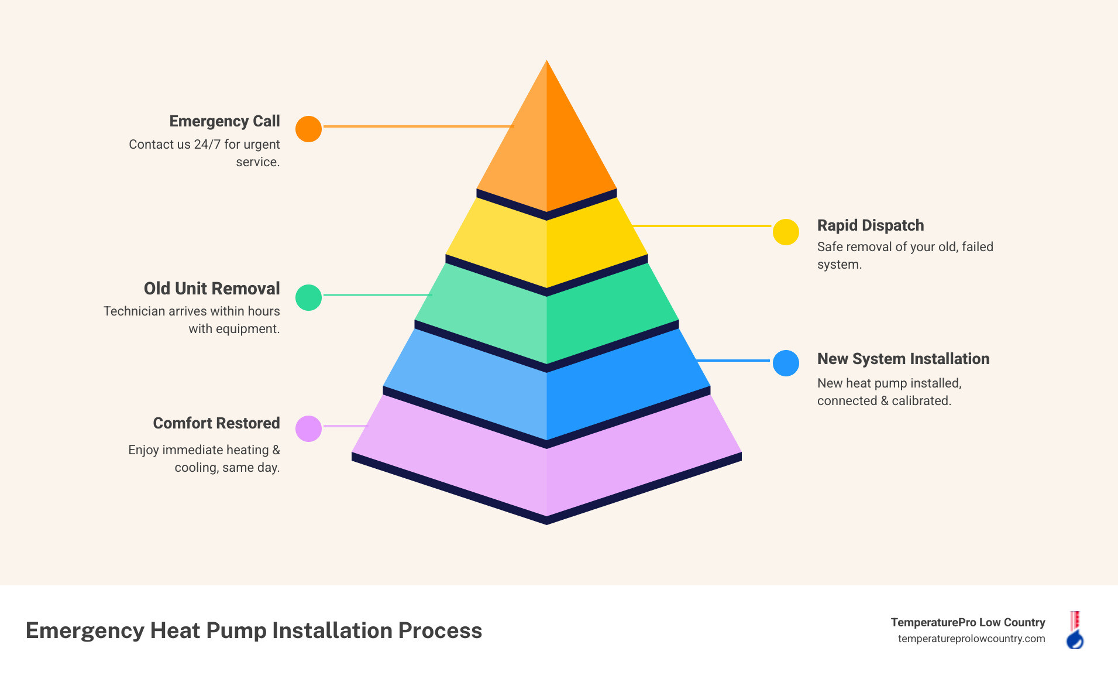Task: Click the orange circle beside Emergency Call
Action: [308, 129]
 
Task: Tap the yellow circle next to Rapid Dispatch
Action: [786, 232]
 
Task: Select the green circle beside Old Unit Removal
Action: [308, 297]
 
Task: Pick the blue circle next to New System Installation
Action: [786, 363]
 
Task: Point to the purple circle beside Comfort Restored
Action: [308, 428]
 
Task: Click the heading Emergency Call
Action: [225, 121]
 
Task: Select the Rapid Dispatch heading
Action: [870, 225]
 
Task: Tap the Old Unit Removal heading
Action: [212, 289]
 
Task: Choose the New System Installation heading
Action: [903, 359]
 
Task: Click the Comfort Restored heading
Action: [216, 423]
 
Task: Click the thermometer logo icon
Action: [1075, 630]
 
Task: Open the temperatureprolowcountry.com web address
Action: [971, 639]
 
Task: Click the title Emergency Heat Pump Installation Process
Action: [254, 630]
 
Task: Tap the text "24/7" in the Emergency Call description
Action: [207, 145]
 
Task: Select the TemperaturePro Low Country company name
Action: [968, 622]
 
